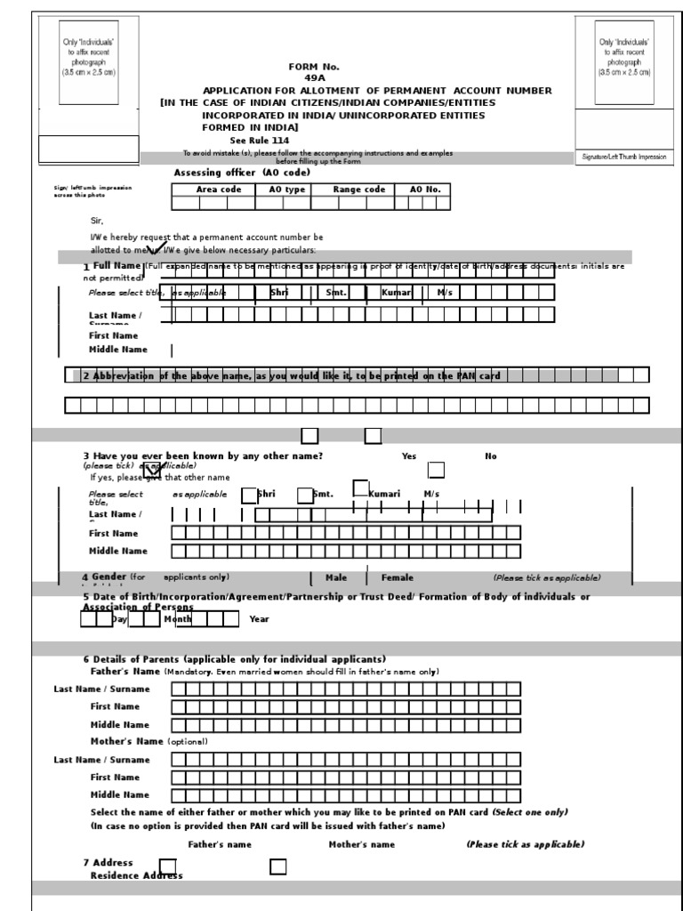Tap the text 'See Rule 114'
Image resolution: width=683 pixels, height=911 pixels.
coord(260,141)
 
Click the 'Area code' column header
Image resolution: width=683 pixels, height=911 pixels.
coord(218,189)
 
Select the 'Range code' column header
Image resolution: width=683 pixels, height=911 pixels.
coord(358,189)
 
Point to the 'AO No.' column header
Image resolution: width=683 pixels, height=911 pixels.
coord(424,189)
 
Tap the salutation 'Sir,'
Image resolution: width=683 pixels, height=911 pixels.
coord(99,220)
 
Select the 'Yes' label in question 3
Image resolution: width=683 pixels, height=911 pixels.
coord(409,456)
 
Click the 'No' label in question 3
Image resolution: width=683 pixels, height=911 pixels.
coord(491,456)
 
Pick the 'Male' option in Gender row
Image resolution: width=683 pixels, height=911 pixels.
coord(336,577)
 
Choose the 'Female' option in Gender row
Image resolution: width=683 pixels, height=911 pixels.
coord(398,577)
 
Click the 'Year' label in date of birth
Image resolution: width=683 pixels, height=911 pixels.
coord(259,619)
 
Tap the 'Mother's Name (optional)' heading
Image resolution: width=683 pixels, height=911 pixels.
coord(149,741)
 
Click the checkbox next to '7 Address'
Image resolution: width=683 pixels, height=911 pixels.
coord(167,866)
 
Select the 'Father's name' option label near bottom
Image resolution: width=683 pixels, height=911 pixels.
coord(220,844)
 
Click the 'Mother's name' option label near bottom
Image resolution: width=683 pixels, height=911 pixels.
coord(362,844)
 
